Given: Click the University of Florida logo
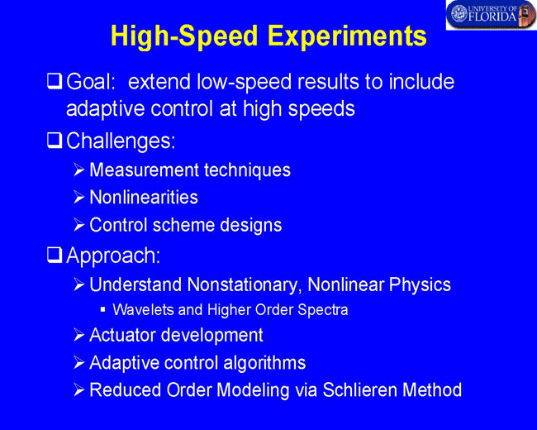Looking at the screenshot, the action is coord(491,15).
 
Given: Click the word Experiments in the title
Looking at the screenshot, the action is coord(347,36).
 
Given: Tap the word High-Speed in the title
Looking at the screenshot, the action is coord(184,36).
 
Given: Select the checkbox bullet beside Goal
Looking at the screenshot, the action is coord(55,82).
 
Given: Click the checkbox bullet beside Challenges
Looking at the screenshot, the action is coord(55,141).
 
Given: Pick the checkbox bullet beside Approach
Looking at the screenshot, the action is coord(55,256).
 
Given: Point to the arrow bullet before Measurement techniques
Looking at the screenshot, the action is coord(78,170).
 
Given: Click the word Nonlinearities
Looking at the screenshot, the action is coord(144,198).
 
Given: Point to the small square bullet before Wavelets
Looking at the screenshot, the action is coord(102,309).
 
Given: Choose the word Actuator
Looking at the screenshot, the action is coord(122,335).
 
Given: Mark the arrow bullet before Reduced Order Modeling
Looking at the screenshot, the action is coord(78,389).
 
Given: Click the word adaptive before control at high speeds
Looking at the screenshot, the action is coord(105,109).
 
